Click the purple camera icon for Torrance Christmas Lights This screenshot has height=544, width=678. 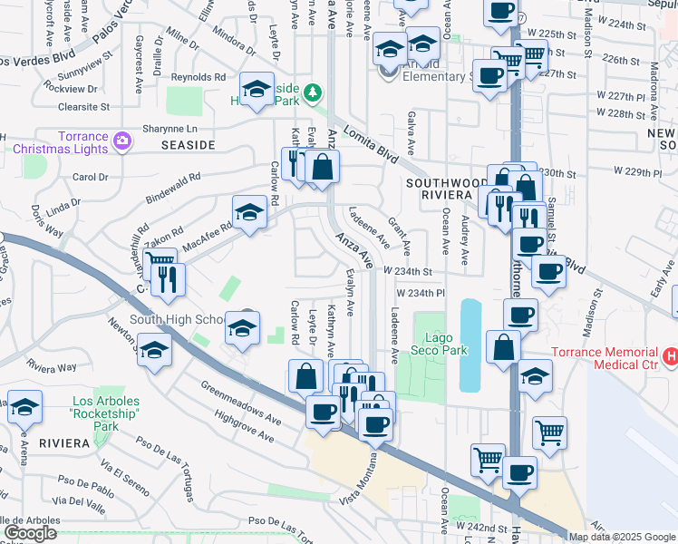click(122, 141)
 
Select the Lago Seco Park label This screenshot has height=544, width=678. click(438, 344)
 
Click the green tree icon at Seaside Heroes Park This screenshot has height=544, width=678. click(313, 92)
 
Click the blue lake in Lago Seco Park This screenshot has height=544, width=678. click(470, 345)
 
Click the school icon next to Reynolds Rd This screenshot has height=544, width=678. click(257, 90)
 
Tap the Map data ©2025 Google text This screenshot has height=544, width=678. click(622, 537)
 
